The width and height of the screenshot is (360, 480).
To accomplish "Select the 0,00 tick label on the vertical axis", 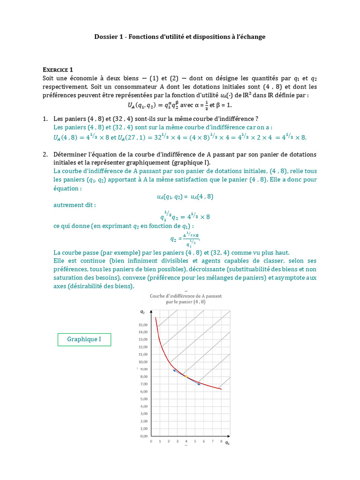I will [x=142, y=436].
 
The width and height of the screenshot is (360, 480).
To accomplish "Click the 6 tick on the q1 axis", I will [x=203, y=442].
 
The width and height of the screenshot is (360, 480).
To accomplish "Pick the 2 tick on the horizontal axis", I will [x=168, y=442].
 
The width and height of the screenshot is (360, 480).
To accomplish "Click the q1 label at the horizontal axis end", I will [x=227, y=442].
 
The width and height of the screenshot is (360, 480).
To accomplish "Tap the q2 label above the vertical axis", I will [x=142, y=312].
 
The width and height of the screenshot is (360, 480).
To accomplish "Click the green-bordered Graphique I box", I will [x=84, y=339].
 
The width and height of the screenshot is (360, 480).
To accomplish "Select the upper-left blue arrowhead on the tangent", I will [x=174, y=370].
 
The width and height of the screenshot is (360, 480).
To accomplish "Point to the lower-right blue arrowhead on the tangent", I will [x=199, y=384].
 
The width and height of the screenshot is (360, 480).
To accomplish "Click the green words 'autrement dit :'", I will [x=75, y=205].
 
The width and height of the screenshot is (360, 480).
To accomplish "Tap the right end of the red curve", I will [x=221, y=389].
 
